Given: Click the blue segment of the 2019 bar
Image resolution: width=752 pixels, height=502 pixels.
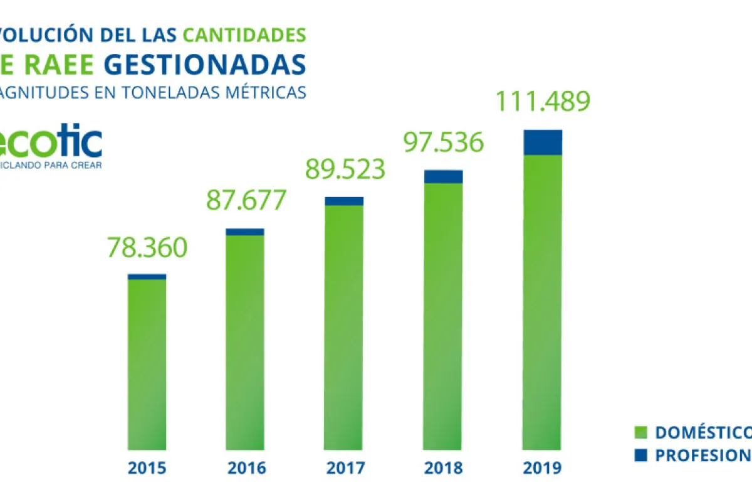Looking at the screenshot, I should [542, 142].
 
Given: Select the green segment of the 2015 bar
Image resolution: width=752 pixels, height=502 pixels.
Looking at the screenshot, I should [147, 364].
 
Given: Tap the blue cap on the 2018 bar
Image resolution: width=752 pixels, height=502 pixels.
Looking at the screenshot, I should [443, 176].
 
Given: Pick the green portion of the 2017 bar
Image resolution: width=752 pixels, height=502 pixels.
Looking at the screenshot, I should [344, 326].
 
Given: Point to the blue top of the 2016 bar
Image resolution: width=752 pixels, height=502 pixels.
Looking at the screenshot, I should [245, 232].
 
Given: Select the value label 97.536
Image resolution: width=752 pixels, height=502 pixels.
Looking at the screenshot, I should [443, 142].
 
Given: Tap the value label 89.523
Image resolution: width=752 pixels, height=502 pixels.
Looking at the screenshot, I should [344, 169].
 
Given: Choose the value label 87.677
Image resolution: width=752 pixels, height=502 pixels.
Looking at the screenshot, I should [246, 200].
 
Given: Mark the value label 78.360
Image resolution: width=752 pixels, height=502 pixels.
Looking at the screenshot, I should [147, 247].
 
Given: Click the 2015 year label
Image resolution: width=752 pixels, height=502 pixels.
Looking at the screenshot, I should [147, 468].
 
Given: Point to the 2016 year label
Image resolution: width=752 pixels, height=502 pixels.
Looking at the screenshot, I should [246, 468].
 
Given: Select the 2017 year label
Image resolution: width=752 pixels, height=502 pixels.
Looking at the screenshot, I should [344, 468].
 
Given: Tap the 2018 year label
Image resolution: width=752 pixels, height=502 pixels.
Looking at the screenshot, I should [443, 468].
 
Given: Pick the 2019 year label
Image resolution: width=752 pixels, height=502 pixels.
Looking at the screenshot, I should [542, 468].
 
